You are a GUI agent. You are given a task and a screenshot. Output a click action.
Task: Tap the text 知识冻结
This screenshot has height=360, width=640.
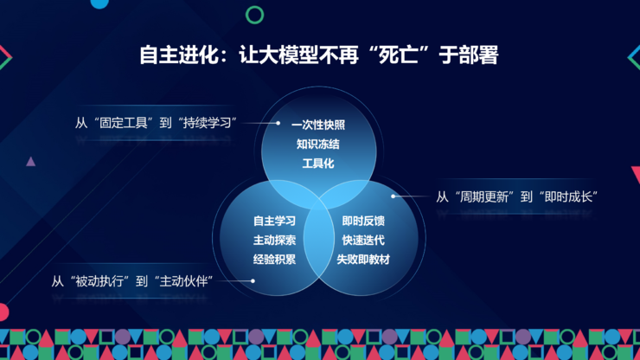pyautogui.click(x=318, y=145)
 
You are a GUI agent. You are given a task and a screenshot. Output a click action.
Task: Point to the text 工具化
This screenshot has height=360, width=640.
pyautogui.click(x=318, y=164)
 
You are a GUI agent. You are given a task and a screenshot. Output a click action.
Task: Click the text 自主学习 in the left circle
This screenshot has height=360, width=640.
pyautogui.click(x=275, y=221)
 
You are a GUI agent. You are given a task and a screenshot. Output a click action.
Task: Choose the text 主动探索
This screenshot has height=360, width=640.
pyautogui.click(x=275, y=240)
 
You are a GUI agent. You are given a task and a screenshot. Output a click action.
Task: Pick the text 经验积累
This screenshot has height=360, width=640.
pyautogui.click(x=275, y=259)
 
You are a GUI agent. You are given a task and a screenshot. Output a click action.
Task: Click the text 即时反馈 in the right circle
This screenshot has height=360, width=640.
pyautogui.click(x=363, y=221)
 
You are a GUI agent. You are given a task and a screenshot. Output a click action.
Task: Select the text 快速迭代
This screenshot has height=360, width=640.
pyautogui.click(x=363, y=240)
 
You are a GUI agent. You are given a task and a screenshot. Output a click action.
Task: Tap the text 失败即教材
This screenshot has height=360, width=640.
pyautogui.click(x=363, y=259)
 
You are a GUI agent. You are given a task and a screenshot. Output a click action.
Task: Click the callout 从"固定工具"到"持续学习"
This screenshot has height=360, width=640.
pyautogui.click(x=157, y=122)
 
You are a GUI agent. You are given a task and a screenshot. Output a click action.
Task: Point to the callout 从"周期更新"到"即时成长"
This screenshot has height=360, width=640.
pyautogui.click(x=517, y=196)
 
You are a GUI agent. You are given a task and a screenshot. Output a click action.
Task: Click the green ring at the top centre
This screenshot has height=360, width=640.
pyautogui.click(x=254, y=15)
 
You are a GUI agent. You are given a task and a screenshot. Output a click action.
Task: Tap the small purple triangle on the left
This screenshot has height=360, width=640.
pyautogui.click(x=31, y=161)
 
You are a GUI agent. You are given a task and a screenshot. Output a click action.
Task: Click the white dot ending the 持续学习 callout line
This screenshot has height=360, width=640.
pyautogui.click(x=278, y=123)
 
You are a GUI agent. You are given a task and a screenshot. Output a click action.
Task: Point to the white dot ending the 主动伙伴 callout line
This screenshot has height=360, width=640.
pyautogui.click(x=253, y=280)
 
